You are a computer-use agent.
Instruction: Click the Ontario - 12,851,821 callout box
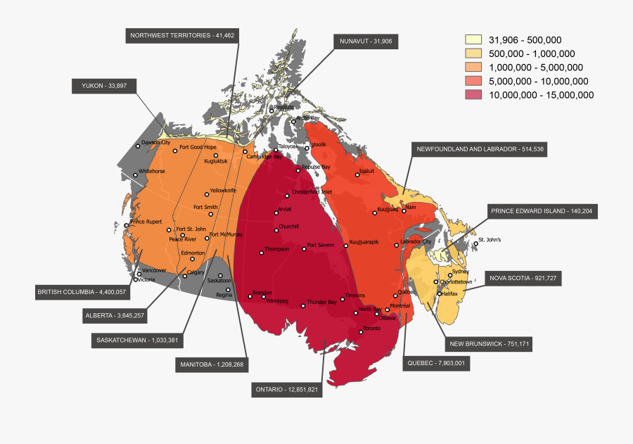tap(287, 389)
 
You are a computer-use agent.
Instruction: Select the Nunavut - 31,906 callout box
tap(366, 42)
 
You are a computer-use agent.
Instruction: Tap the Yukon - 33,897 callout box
tap(104, 86)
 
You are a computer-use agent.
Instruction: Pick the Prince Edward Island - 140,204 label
tap(542, 211)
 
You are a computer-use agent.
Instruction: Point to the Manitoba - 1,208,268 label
tap(212, 364)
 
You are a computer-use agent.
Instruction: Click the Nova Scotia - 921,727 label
tap(523, 279)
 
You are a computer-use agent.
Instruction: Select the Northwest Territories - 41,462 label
tap(182, 35)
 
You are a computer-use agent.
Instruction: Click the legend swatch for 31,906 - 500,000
tap(473, 40)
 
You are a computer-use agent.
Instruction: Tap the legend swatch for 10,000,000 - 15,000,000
tap(473, 95)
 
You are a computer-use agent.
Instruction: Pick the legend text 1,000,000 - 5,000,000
tap(536, 68)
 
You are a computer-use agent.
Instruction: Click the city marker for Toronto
tap(360, 331)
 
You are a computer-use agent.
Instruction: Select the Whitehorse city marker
tap(135, 175)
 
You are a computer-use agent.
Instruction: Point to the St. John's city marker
tap(475, 243)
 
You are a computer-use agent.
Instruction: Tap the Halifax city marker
tap(439, 294)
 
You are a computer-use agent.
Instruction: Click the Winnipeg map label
tap(277, 301)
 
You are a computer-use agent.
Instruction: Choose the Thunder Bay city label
tap(321, 302)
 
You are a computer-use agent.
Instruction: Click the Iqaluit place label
tap(366, 170)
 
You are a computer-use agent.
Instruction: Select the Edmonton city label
tap(193, 253)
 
